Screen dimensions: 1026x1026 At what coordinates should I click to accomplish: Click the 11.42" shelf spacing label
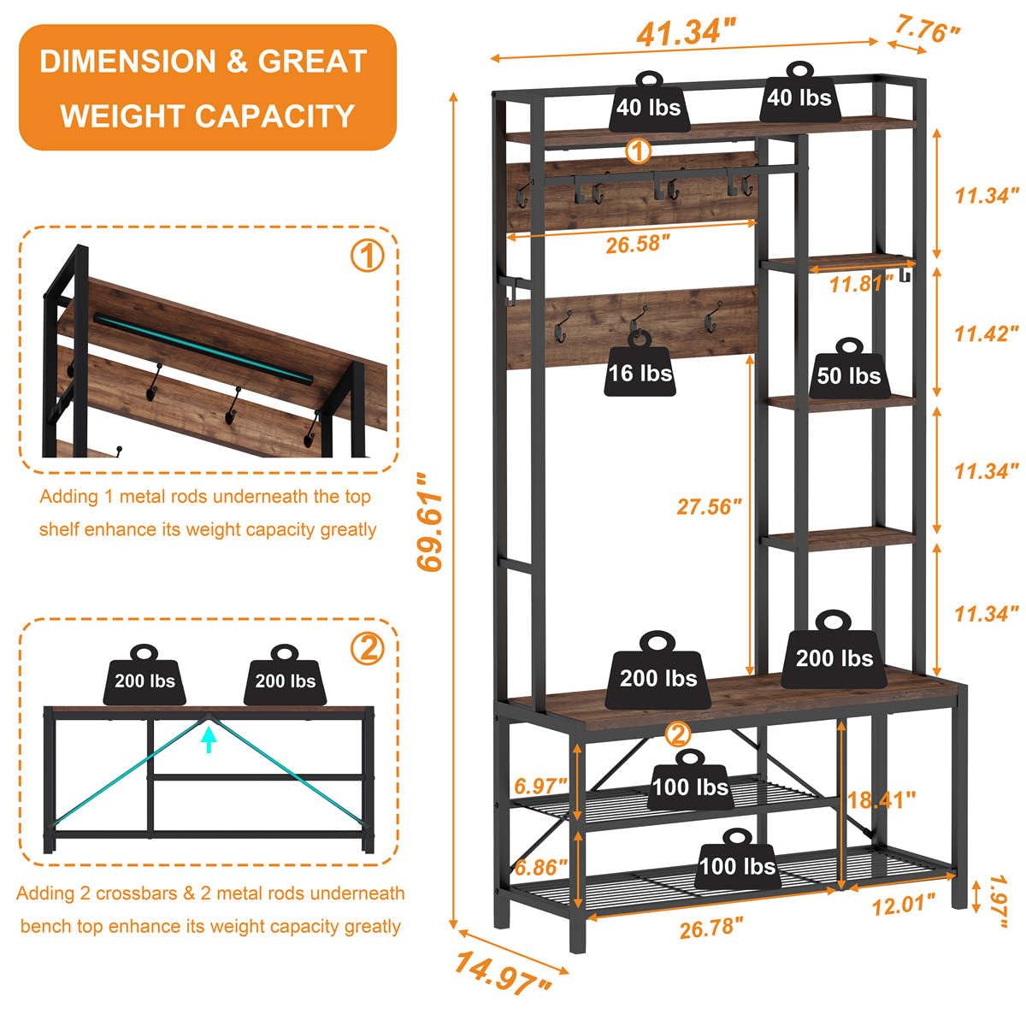pos(987,333)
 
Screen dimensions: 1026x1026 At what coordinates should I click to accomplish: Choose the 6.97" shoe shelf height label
pos(540,785)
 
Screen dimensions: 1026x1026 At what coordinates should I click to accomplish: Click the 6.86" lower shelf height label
pos(540,866)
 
